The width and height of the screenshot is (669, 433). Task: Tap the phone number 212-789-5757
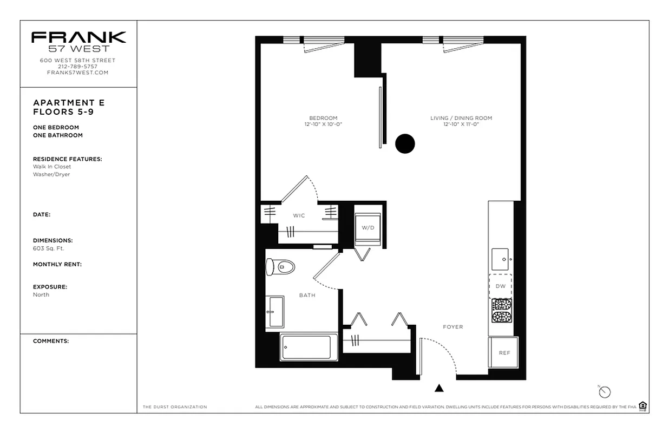click(x=78, y=66)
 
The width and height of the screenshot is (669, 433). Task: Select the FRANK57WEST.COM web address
click(x=78, y=73)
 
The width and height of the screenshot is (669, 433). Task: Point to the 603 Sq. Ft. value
click(x=49, y=248)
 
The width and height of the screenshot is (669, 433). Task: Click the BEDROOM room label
click(x=323, y=118)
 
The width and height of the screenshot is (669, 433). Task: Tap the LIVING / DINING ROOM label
click(x=461, y=118)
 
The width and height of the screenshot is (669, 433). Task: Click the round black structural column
click(x=405, y=143)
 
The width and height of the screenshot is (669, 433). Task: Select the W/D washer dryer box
click(x=368, y=227)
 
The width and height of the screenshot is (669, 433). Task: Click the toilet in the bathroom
click(x=280, y=266)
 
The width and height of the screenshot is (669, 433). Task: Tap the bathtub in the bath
click(x=306, y=347)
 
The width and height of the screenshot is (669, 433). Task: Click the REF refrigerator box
click(x=504, y=352)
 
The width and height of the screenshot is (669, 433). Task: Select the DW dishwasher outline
click(x=500, y=286)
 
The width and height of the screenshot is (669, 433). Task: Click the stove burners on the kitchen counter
click(x=501, y=310)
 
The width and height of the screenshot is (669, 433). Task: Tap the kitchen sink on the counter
click(x=501, y=259)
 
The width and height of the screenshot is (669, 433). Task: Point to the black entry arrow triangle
click(x=439, y=388)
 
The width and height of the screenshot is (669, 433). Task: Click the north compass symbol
click(x=605, y=392)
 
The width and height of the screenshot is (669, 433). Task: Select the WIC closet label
click(x=299, y=215)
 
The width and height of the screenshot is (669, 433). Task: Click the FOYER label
click(x=452, y=327)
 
